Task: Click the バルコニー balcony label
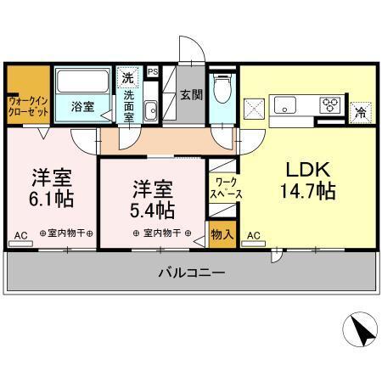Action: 192,273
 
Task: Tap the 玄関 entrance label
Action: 191,93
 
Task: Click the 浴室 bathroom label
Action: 82,107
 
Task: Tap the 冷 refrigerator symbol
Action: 361,111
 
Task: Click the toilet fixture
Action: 223,89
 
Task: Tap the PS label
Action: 153,72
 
